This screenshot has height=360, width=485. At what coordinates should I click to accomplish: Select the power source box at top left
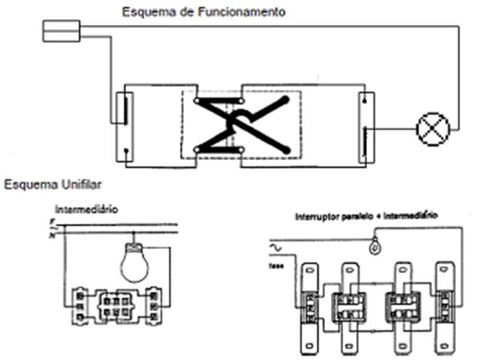61,32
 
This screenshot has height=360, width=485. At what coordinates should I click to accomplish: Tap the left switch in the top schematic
124,123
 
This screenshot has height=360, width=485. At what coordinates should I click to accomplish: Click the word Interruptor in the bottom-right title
319,217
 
